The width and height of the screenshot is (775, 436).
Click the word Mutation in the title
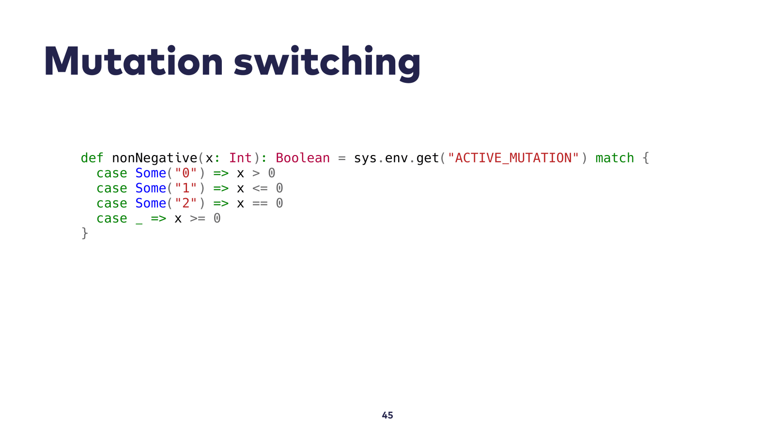[x=134, y=61]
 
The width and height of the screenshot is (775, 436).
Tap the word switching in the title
[x=327, y=63]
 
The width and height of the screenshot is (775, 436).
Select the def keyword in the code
[x=92, y=158]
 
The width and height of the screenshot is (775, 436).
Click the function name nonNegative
[x=155, y=158]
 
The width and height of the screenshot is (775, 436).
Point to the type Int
[x=240, y=158]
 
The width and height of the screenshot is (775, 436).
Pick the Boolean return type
[x=303, y=158]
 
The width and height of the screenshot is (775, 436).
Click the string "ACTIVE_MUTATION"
[x=513, y=158]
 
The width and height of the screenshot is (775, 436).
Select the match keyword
[x=615, y=158]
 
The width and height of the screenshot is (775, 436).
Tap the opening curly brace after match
[x=646, y=158]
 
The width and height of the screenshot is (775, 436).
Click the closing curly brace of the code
[x=85, y=233]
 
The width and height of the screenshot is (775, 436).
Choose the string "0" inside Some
[x=186, y=172]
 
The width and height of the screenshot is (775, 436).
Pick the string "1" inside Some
[x=186, y=188]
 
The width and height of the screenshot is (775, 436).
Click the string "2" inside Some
[x=186, y=203]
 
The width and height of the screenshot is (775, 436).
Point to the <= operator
[x=260, y=188]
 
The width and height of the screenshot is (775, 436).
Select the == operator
[x=260, y=203]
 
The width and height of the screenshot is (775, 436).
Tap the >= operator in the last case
[x=198, y=218]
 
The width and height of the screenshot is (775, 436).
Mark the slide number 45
[x=387, y=415]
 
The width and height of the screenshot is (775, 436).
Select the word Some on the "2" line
[x=151, y=203]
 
